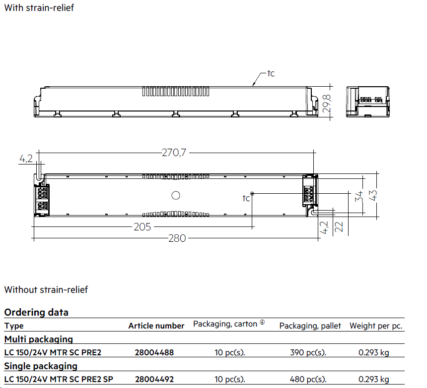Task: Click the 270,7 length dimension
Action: (174, 153)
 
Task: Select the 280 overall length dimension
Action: (177, 238)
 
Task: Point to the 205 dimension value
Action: (142, 227)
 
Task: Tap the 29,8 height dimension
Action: (327, 104)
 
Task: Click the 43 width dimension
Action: (373, 195)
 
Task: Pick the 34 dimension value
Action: (359, 196)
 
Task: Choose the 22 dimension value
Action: (339, 227)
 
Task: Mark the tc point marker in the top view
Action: (252, 194)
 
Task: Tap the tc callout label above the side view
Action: (271, 73)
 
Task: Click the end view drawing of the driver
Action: (367, 102)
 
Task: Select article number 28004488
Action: (154, 352)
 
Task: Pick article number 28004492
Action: (154, 379)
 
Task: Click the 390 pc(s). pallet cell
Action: (308, 352)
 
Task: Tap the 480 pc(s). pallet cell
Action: (308, 379)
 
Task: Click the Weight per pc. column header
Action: (376, 326)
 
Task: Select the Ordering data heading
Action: (36, 313)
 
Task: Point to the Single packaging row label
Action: (41, 366)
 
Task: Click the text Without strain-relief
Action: (46, 290)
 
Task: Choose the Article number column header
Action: (156, 326)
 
